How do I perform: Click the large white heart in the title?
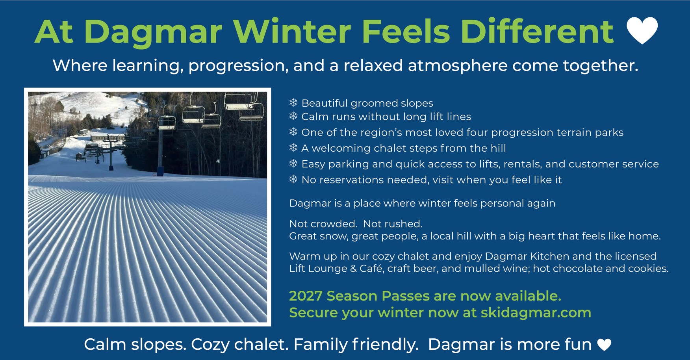click(642, 30)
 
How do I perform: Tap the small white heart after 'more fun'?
click(604, 345)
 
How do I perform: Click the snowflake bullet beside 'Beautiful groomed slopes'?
click(293, 103)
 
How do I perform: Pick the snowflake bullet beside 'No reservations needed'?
click(293, 179)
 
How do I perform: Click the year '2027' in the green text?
click(306, 296)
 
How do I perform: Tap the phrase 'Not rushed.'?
click(393, 224)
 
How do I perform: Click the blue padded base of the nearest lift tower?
click(160, 171)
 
